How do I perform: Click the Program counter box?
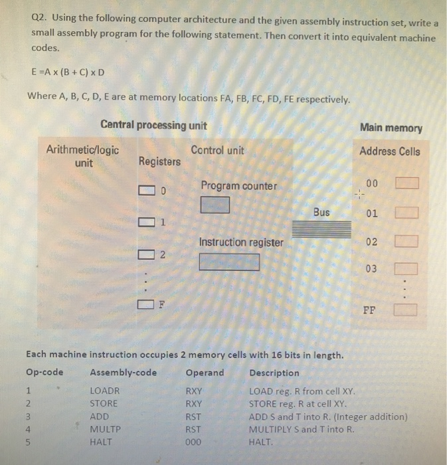[216, 205]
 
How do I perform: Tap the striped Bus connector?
[321, 229]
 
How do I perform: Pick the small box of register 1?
[145, 222]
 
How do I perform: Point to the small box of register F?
[145, 305]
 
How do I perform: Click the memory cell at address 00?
[406, 183]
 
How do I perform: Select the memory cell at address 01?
[406, 213]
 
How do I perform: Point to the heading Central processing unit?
[153, 126]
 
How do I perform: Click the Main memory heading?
[391, 128]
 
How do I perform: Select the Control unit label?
[217, 151]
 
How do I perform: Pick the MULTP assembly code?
[105, 428]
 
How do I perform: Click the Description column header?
[274, 373]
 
